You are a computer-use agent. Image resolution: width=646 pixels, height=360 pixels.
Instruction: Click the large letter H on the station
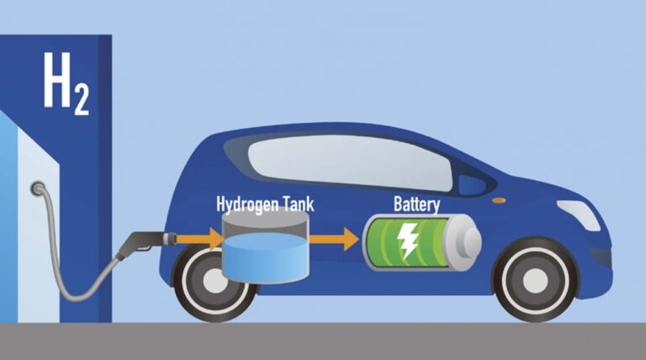coord(57,80)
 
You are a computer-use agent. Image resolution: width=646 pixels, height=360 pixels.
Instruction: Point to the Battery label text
coord(417,204)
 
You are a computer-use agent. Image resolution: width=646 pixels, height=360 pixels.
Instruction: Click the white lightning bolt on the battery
coord(407,241)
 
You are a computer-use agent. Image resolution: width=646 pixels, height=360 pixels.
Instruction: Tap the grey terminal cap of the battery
coord(468,242)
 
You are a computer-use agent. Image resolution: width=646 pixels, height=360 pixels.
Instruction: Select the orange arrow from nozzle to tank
coord(200,239)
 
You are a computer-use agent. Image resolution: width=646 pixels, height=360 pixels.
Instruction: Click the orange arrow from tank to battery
coord(334,239)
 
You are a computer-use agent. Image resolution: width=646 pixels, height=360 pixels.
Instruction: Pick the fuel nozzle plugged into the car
coord(147,244)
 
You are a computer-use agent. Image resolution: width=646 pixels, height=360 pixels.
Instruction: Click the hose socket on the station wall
coord(38,188)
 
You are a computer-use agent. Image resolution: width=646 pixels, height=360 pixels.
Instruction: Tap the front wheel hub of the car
coord(535,280)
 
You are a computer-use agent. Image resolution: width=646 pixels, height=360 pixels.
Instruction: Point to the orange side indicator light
coord(499,200)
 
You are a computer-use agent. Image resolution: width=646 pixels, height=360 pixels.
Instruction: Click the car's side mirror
coord(473,185)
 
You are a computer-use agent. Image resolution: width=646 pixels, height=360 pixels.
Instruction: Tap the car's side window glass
coord(350,162)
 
